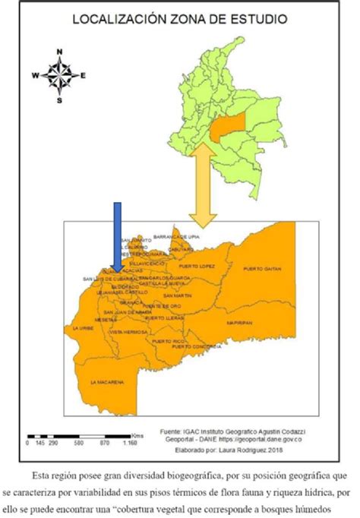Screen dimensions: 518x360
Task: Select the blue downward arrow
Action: click(115, 235)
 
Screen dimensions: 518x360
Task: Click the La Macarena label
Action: click(107, 382)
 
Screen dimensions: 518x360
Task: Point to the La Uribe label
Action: click(83, 328)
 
